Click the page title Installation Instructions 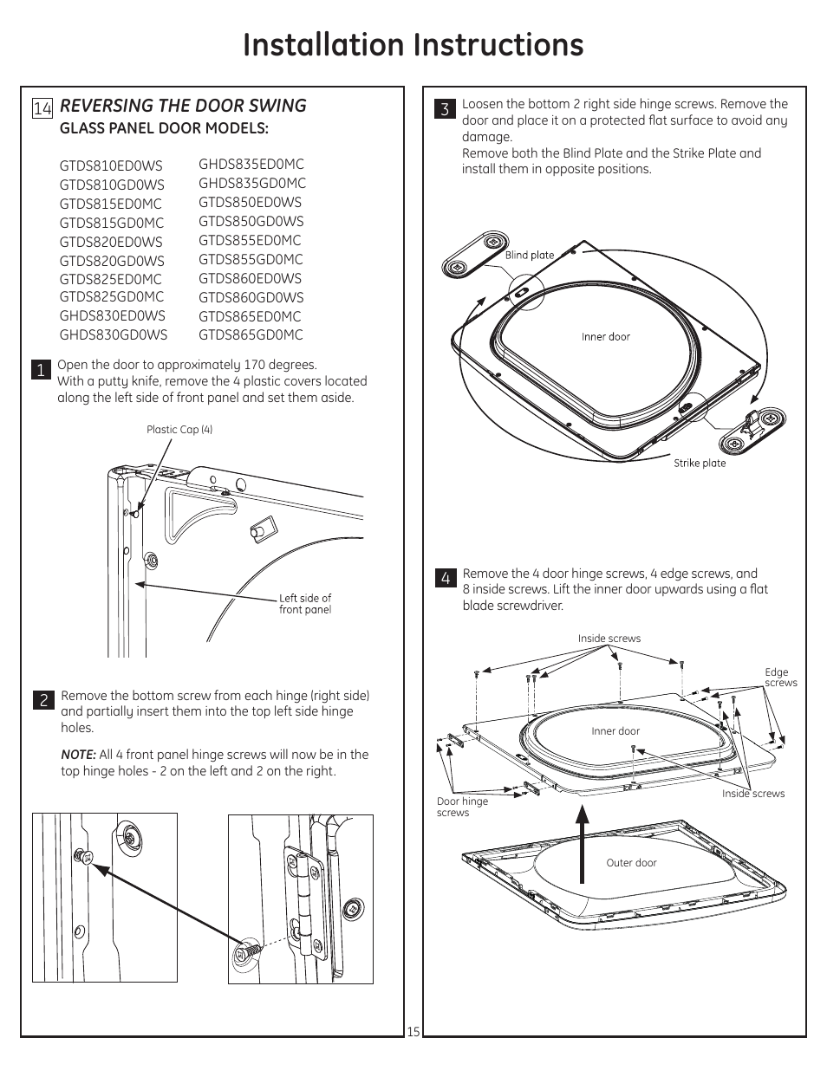413,45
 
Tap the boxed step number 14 42,107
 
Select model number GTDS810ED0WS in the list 111,165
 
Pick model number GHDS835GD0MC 251,183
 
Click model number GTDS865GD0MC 251,335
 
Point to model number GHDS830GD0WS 114,334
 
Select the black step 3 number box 445,108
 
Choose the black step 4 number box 446,578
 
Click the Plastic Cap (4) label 179,430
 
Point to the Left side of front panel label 304,604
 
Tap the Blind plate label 529,255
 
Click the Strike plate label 700,464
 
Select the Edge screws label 780,678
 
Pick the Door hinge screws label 462,807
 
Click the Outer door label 631,863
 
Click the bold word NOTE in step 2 78,755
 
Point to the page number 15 413,1032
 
